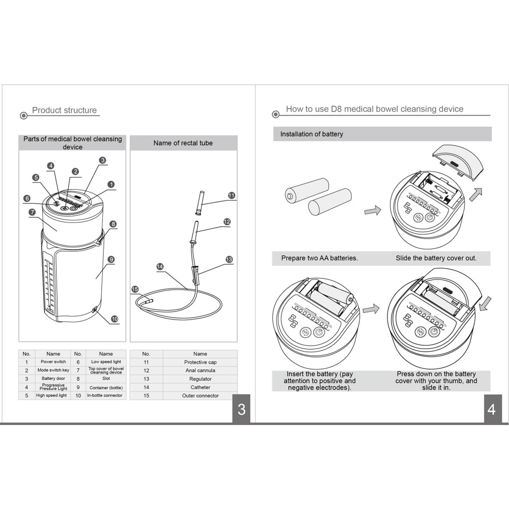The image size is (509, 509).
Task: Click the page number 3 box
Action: [x=241, y=409]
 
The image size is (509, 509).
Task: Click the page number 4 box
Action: [x=491, y=409]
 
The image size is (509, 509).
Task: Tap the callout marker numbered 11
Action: [x=232, y=195]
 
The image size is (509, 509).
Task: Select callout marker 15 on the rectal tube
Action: [x=135, y=289]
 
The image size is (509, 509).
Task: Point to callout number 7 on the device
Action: [x=32, y=212]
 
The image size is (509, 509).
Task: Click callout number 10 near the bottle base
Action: [x=115, y=319]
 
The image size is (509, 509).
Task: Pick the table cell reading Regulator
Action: [x=200, y=379]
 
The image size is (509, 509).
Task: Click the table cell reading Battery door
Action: [x=53, y=379]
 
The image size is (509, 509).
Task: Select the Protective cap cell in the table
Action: [x=200, y=362]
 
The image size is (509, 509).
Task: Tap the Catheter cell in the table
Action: [x=200, y=387]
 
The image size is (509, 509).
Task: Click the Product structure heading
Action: [x=64, y=110]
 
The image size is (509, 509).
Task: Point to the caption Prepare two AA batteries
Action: [x=319, y=258]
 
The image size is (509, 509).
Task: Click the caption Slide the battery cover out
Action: [x=436, y=258]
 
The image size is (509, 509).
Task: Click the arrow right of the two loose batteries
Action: [x=373, y=210]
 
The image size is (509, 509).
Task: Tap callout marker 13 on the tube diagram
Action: [x=229, y=260]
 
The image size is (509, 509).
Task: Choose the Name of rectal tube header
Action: [x=183, y=143]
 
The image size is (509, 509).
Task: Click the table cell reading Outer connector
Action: [x=200, y=395]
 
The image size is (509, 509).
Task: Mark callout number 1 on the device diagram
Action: [x=111, y=185]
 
